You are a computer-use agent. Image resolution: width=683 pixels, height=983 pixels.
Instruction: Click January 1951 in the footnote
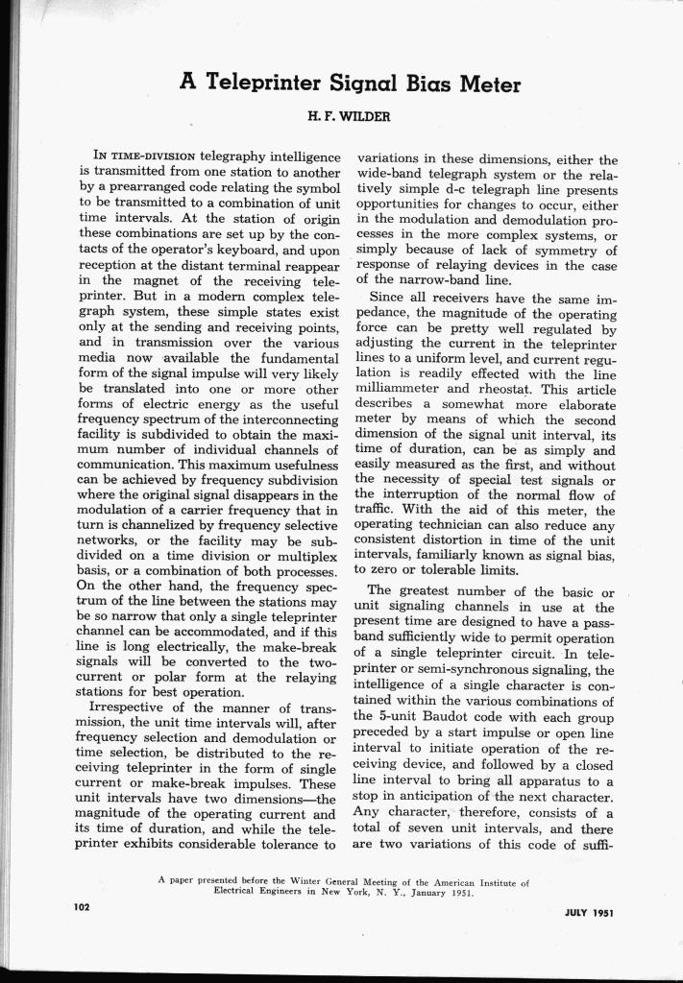(463, 890)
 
